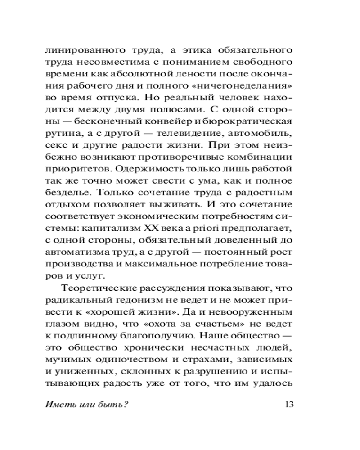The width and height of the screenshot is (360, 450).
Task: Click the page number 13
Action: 289,404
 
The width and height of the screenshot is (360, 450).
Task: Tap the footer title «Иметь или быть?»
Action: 87,404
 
